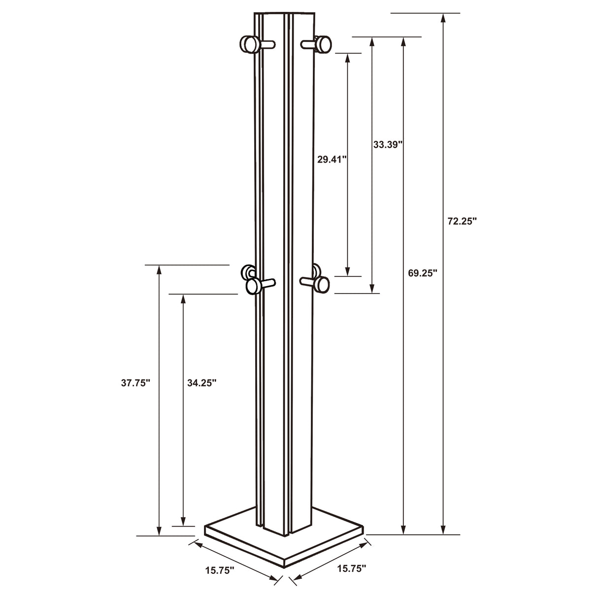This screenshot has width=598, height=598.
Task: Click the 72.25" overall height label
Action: pos(462,222)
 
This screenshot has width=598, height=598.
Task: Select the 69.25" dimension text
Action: pos(423,273)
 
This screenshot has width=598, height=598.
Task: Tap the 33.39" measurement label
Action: pos(388,144)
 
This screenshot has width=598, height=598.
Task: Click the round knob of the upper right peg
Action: pos(324,44)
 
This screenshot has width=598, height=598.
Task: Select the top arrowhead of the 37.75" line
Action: pos(159,270)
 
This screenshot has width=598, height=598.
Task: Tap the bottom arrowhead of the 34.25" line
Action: pos(183,521)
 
